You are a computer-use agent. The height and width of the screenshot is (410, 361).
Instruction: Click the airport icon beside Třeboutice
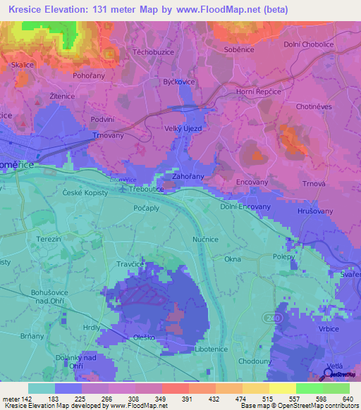[124, 190]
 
